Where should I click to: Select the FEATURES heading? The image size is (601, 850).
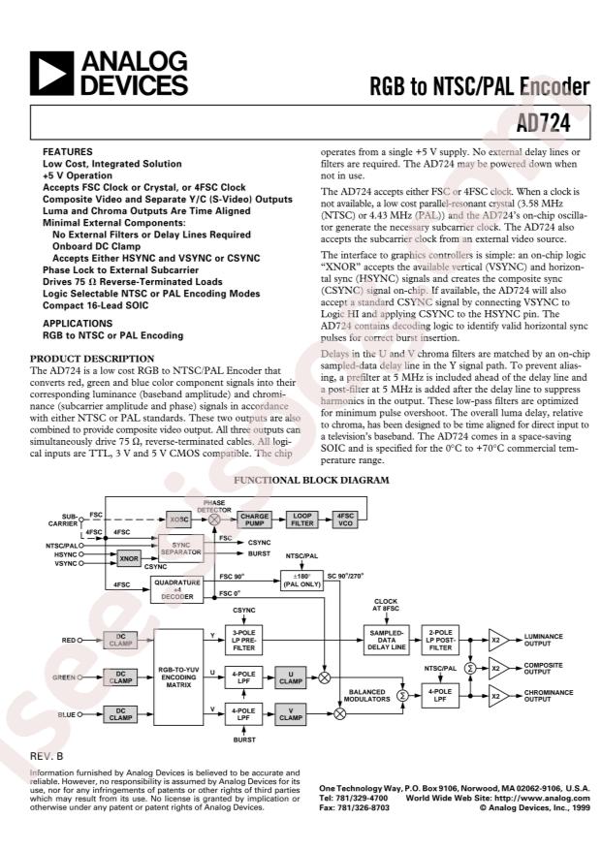click(x=67, y=153)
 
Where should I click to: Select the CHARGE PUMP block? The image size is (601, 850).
click(x=254, y=519)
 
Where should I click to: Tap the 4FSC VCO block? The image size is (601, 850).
click(x=344, y=519)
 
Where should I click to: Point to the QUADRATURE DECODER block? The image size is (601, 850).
click(x=182, y=589)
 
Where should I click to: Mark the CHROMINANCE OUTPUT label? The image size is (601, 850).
click(x=547, y=696)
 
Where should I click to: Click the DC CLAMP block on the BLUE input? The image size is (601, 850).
click(x=121, y=714)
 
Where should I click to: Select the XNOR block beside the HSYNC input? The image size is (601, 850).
click(x=128, y=559)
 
